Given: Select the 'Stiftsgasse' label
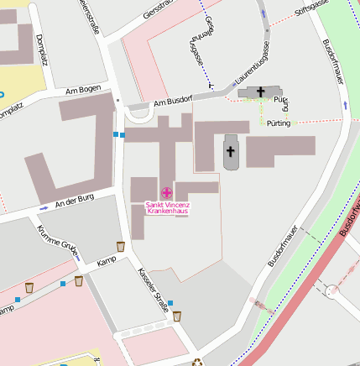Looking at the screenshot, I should pyautogui.click(x=310, y=8).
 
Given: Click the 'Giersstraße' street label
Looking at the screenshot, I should pyautogui.click(x=159, y=9).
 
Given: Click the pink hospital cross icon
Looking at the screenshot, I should pyautogui.click(x=166, y=194).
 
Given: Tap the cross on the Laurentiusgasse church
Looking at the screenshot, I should pyautogui.click(x=261, y=91).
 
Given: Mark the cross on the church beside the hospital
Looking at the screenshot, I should pyautogui.click(x=231, y=151).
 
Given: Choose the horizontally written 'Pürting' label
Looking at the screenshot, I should pyautogui.click(x=279, y=123).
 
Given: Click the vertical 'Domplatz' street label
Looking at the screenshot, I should pyautogui.click(x=41, y=50).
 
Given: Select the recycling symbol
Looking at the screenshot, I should pyautogui.click(x=198, y=363).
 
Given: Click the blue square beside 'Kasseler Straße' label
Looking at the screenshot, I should pyautogui.click(x=170, y=302).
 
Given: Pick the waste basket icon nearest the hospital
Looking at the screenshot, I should pyautogui.click(x=121, y=246).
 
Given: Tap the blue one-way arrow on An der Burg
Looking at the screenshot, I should pyautogui.click(x=44, y=207).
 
